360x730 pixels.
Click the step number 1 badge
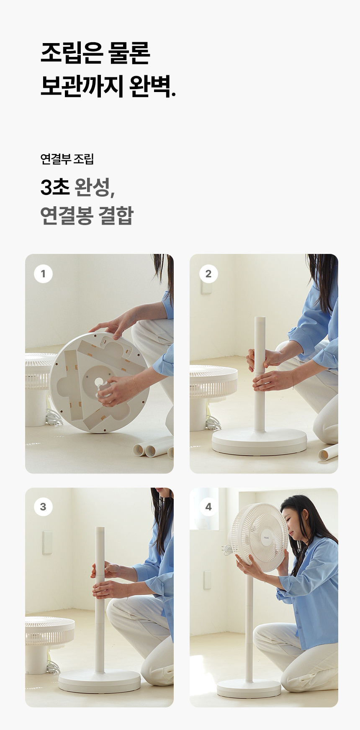[43, 274]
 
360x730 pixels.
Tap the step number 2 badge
[208, 274]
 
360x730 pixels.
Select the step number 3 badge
[43, 507]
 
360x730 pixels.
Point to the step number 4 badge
[208, 507]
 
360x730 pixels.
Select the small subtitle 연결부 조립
[67, 159]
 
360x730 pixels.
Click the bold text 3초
[55, 187]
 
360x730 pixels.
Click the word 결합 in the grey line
[116, 215]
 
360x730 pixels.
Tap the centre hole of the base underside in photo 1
[99, 382]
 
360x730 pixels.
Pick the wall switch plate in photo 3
[47, 543]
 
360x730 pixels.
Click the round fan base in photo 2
[259, 442]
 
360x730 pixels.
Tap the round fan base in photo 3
[100, 682]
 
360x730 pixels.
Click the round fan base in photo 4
[249, 689]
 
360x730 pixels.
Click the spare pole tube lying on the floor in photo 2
[328, 452]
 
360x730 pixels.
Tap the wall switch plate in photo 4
[207, 580]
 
